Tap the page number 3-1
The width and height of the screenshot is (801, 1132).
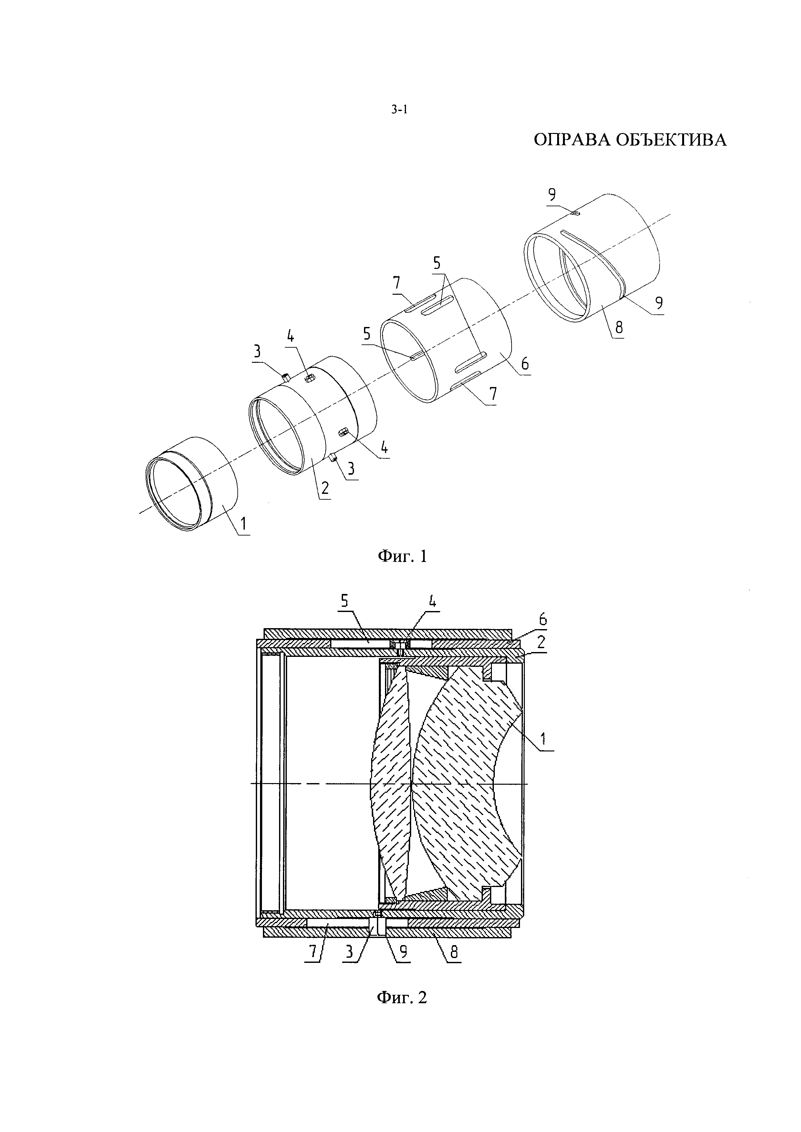400,110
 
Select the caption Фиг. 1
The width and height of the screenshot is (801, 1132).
402,556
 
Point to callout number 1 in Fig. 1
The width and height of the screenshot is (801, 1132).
244,525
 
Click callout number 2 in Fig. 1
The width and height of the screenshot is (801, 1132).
325,488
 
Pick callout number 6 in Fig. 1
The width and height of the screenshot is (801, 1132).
524,364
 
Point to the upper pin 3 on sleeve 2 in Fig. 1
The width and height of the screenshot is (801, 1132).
286,377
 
